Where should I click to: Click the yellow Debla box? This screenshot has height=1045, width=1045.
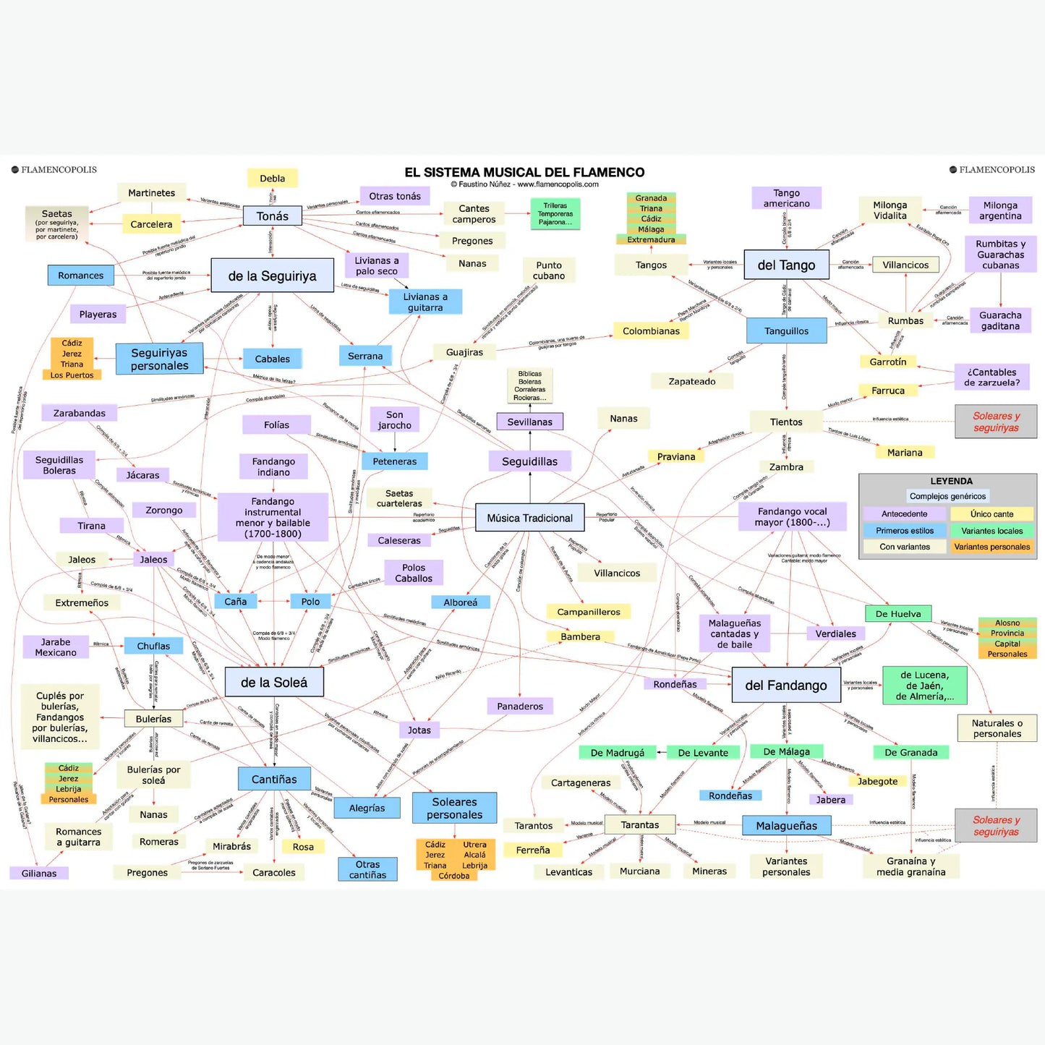[272, 178]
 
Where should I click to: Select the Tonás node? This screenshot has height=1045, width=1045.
[272, 216]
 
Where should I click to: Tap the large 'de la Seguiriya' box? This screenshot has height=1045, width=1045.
[272, 276]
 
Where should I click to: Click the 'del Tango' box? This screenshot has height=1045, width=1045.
[786, 265]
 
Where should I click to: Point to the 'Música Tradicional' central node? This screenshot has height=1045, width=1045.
[529, 518]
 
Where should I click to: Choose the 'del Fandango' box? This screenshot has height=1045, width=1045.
[785, 685]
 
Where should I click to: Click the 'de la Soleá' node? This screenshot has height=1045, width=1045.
[273, 682]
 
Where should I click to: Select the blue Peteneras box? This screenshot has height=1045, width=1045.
[394, 461]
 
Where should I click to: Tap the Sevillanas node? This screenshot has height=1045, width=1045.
[529, 422]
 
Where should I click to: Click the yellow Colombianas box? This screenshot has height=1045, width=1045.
[651, 331]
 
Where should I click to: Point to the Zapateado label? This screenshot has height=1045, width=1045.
[691, 381]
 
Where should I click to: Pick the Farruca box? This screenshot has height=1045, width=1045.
[887, 391]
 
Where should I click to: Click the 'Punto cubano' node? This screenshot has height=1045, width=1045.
[549, 270]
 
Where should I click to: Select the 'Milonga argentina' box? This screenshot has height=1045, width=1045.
[1000, 210]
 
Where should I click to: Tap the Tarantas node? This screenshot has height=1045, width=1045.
[639, 824]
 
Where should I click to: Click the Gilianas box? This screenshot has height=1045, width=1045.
[39, 874]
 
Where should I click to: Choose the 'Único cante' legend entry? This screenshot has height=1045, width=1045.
[991, 514]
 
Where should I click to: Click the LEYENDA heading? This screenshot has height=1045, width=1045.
[951, 481]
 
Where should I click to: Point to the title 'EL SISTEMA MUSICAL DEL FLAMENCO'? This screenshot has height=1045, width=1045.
[524, 172]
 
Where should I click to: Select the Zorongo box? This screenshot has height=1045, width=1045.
[164, 510]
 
